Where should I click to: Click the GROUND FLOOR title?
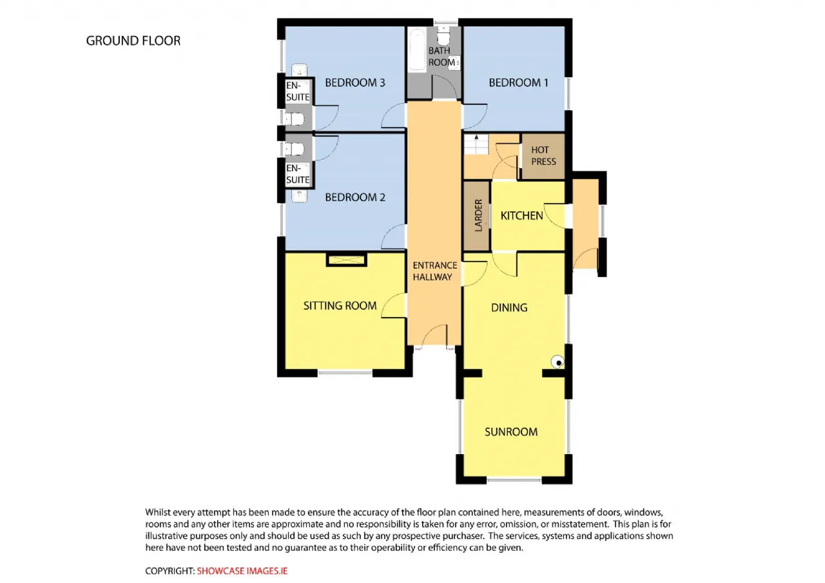(x=133, y=41)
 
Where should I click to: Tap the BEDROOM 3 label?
(x=355, y=82)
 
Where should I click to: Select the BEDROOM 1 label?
(x=519, y=82)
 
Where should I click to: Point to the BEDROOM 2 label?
(x=355, y=197)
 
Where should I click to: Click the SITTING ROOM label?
(x=340, y=305)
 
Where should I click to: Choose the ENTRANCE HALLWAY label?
(x=434, y=271)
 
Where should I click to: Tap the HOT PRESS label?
(x=543, y=156)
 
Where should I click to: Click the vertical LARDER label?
(x=478, y=215)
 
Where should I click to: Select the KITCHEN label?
(x=521, y=216)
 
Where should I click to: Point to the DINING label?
(x=509, y=307)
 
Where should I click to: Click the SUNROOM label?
(x=511, y=432)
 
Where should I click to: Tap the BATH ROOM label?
(x=442, y=56)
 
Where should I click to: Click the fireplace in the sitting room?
(x=347, y=260)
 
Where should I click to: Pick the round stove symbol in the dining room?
(x=558, y=362)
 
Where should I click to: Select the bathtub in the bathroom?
(x=417, y=50)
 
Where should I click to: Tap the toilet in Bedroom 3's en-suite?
(x=294, y=119)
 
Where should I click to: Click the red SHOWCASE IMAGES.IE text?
(x=242, y=571)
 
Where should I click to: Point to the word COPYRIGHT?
(x=170, y=571)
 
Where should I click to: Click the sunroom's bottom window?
(x=514, y=479)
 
